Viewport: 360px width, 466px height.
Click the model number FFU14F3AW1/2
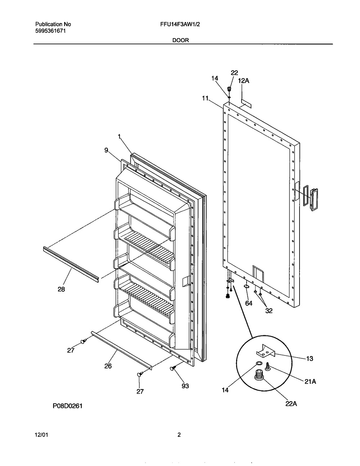180,24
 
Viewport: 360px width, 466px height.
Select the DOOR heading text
181,40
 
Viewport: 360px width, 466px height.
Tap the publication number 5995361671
50,31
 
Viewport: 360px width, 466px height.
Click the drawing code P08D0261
68,412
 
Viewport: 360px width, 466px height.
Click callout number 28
61,290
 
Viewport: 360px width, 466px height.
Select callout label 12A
244,81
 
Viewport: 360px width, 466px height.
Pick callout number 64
249,303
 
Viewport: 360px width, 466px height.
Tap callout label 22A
291,404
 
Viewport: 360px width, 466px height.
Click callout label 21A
310,381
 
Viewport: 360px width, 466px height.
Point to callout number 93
185,386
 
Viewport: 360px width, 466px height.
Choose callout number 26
108,366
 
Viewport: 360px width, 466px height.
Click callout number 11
205,98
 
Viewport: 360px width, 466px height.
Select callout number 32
269,310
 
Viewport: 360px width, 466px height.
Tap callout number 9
106,150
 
